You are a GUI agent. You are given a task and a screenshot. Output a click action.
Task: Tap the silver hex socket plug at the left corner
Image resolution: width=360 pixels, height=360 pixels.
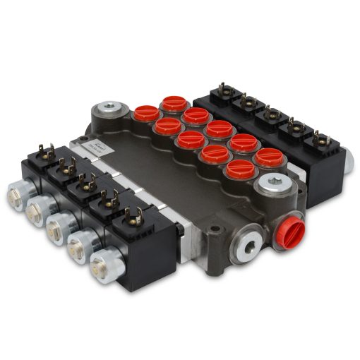tap(107, 109)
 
